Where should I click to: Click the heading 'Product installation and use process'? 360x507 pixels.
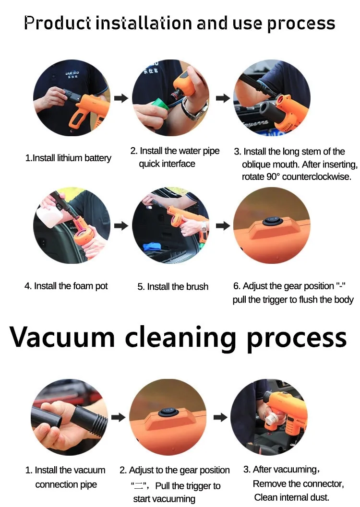(180, 24)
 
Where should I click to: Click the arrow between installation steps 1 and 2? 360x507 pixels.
(121, 98)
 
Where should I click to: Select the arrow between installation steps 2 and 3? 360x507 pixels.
(223, 98)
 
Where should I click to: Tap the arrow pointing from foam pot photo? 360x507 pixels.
(121, 226)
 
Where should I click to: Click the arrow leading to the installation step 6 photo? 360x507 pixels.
(223, 226)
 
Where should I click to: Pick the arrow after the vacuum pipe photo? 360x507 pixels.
(119, 417)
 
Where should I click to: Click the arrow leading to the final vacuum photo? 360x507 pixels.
(220, 417)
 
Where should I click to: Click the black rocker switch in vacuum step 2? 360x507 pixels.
(168, 412)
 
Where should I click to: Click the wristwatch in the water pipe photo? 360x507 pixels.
(195, 109)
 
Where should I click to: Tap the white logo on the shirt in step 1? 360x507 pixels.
(72, 75)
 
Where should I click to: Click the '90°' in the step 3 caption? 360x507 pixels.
(273, 177)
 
